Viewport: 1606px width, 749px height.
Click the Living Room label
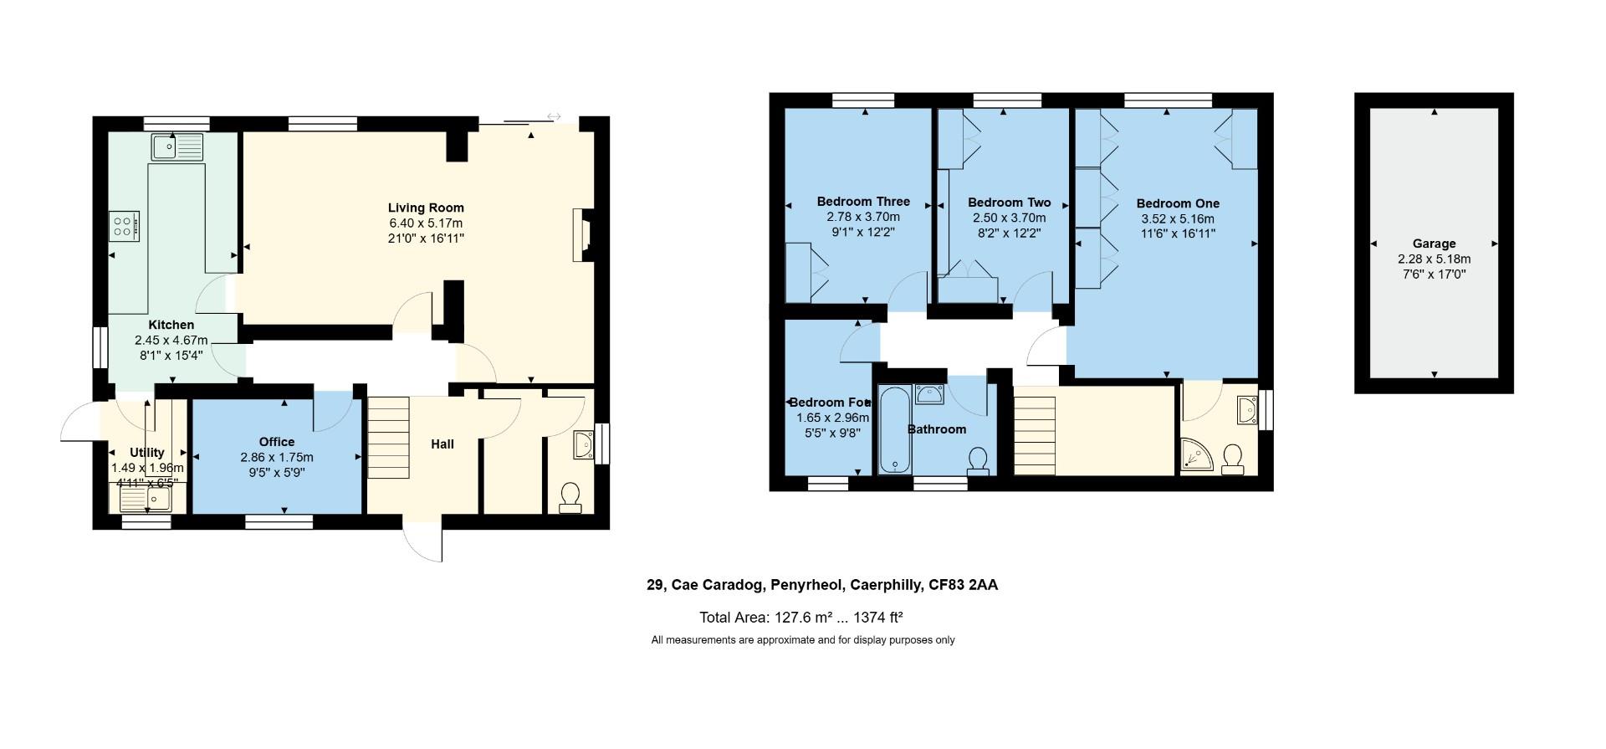coord(425,208)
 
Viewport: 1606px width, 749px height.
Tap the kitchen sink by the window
coord(176,147)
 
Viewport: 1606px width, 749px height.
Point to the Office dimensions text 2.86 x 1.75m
coord(276,457)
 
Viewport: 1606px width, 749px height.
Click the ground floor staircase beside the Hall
coord(389,437)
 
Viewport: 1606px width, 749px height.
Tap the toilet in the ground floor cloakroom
coord(570,496)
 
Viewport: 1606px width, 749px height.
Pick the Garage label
coord(1434,244)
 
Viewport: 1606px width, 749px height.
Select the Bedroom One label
coord(1177,203)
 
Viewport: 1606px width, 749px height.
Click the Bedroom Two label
coord(1009,203)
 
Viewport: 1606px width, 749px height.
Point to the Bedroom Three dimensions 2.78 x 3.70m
coord(863,217)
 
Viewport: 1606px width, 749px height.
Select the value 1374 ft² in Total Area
coord(877,618)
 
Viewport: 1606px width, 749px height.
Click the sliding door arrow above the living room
coord(553,116)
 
